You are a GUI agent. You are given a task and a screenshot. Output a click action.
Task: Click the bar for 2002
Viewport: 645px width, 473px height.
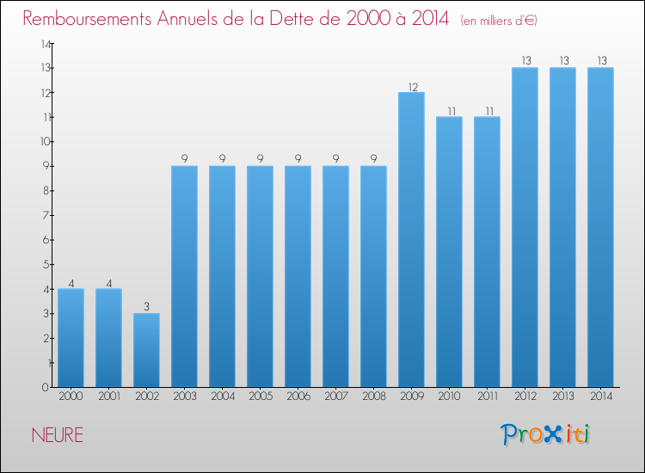pyautogui.click(x=146, y=350)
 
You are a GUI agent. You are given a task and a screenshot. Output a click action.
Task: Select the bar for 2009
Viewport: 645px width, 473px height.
pyautogui.click(x=411, y=240)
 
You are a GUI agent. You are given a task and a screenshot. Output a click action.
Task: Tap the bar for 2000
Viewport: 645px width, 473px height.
pyautogui.click(x=71, y=338)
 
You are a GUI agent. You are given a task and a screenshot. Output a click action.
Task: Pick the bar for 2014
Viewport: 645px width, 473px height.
pyautogui.click(x=600, y=227)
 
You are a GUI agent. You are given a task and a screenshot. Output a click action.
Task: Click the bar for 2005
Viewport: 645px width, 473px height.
pyautogui.click(x=260, y=276)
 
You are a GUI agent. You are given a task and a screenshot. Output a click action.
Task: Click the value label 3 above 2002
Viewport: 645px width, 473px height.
pyautogui.click(x=146, y=307)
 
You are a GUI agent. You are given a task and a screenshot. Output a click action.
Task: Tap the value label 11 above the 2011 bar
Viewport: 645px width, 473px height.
pyautogui.click(x=487, y=111)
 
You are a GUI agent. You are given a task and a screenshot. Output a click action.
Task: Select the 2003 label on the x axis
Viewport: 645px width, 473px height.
pyautogui.click(x=184, y=396)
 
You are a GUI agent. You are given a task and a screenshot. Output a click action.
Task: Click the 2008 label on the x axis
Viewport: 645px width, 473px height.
pyautogui.click(x=373, y=396)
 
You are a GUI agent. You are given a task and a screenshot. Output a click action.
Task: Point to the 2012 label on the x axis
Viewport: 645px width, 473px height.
pyautogui.click(x=525, y=396)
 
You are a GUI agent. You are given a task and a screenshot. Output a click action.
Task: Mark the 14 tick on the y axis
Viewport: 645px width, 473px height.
pyautogui.click(x=44, y=43)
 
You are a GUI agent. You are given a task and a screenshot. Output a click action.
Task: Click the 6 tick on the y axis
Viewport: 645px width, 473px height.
pyautogui.click(x=46, y=240)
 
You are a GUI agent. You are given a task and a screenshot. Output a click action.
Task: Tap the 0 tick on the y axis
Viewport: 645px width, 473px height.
pyautogui.click(x=46, y=387)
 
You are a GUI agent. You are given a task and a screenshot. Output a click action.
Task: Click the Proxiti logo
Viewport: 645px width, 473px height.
pyautogui.click(x=546, y=434)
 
